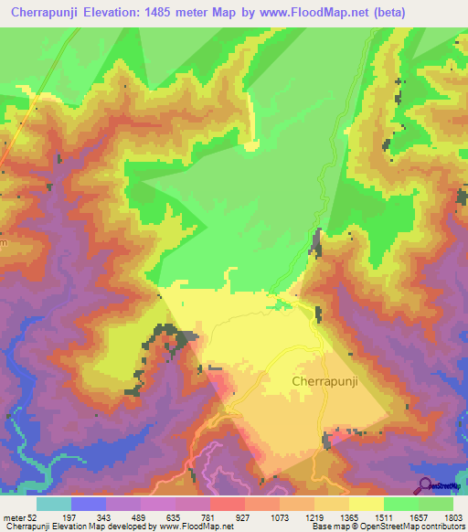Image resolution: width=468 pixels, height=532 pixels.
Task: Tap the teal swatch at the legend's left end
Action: tap(54, 504)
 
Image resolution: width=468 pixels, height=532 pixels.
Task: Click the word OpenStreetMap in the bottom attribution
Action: tap(375, 527)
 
